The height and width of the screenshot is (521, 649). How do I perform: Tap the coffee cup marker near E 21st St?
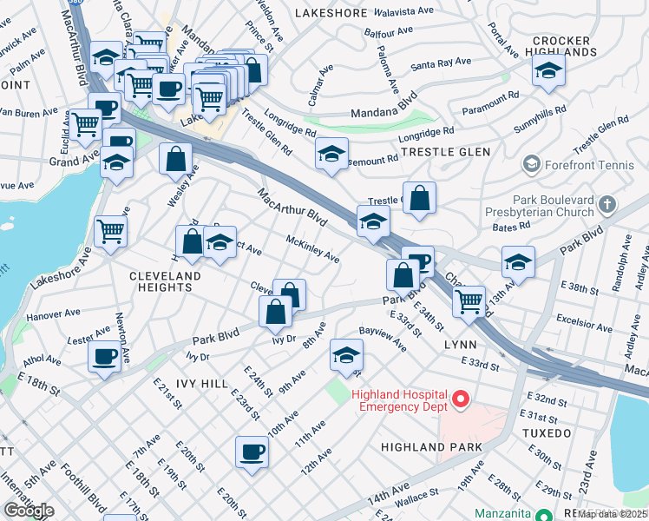pos(105,356)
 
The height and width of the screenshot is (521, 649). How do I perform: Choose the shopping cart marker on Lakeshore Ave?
pos(112,232)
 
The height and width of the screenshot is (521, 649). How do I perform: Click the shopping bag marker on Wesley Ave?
pos(175,159)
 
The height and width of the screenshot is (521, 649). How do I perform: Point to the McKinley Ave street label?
pos(312,247)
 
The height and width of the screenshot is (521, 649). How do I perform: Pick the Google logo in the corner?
pos(29,510)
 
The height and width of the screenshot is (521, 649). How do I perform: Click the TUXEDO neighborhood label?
pos(547,432)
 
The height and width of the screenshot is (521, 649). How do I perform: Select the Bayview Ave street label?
pos(383,339)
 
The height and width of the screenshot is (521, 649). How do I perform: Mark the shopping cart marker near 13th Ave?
pos(469,301)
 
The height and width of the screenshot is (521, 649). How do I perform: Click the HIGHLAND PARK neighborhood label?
pos(425,446)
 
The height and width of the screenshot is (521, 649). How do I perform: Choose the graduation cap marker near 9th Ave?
pos(345,355)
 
